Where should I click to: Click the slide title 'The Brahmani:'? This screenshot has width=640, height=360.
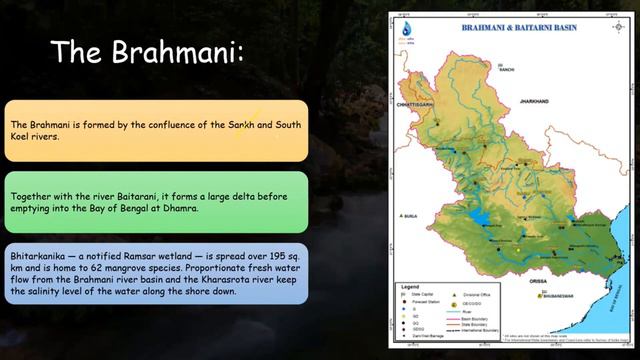tap(147, 51)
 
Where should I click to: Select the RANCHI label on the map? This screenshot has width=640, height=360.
tap(506, 68)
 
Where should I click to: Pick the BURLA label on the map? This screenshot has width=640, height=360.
tap(410, 214)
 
